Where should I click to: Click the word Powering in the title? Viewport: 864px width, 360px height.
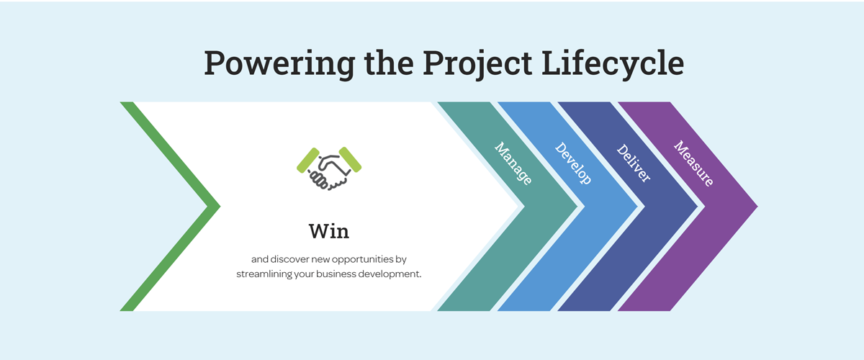click(x=279, y=63)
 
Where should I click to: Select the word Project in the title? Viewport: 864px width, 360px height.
click(x=477, y=63)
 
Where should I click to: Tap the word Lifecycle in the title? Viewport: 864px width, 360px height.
click(x=613, y=63)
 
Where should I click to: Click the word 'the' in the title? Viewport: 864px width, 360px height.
click(x=389, y=63)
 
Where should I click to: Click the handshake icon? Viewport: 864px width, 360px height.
click(x=329, y=168)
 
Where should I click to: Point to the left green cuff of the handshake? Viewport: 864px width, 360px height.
click(x=308, y=160)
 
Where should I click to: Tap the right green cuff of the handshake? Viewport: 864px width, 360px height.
click(x=350, y=160)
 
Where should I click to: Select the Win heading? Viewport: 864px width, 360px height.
click(x=329, y=232)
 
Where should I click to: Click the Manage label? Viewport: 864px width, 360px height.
click(x=513, y=163)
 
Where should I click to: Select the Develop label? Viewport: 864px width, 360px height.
click(x=573, y=163)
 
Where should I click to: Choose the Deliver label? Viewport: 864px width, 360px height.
click(x=634, y=163)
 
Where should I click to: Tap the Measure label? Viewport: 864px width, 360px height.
click(x=693, y=163)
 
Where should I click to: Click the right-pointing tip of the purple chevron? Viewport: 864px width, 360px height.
click(x=757, y=207)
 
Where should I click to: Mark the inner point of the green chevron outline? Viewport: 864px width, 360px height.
click(x=208, y=207)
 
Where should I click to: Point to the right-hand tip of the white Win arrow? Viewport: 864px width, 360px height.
click(x=518, y=207)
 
